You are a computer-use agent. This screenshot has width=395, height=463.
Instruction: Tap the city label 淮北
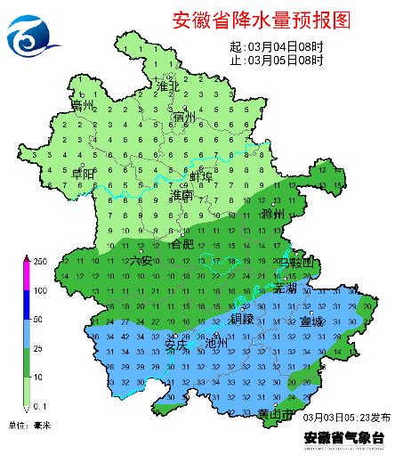click(x=167, y=86)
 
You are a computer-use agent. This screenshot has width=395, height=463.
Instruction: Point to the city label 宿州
click(x=185, y=117)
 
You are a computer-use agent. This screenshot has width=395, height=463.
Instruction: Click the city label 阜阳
click(x=84, y=174)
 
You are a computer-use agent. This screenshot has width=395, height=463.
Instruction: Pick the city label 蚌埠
click(x=202, y=176)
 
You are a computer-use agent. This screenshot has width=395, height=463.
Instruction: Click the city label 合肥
click(x=181, y=243)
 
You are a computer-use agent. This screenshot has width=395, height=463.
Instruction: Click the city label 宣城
click(x=312, y=321)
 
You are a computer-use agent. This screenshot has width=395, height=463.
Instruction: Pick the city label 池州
click(x=217, y=343)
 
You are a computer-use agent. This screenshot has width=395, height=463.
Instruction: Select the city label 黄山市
click(x=275, y=415)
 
